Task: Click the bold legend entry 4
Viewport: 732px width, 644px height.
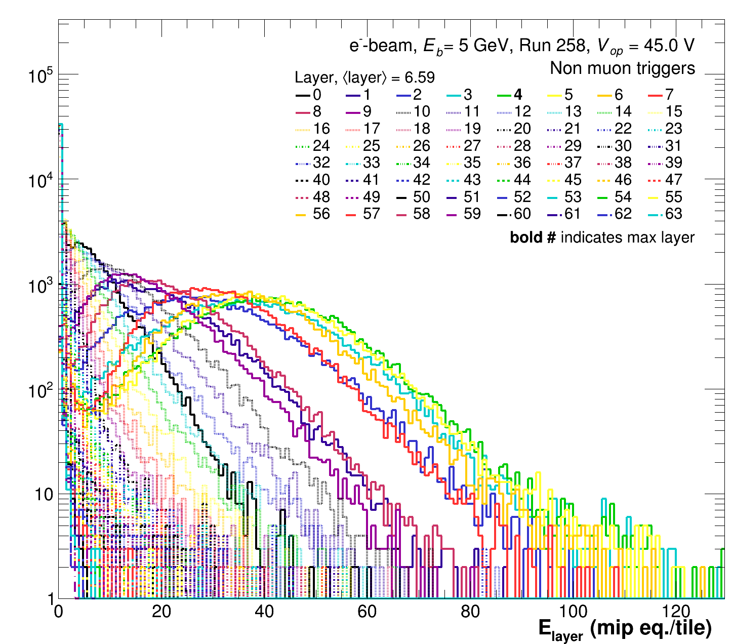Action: click(518, 95)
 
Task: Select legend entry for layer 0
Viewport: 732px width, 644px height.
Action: click(317, 95)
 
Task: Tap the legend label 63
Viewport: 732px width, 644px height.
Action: click(674, 214)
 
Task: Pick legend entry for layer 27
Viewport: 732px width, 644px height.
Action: click(472, 146)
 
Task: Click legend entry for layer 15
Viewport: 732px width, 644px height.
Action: click(674, 112)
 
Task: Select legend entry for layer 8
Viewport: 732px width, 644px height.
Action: click(317, 112)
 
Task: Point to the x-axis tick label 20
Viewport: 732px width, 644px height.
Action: click(161, 612)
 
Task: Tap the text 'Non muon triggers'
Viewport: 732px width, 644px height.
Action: click(622, 68)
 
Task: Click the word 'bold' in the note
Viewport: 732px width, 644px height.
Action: click(526, 237)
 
